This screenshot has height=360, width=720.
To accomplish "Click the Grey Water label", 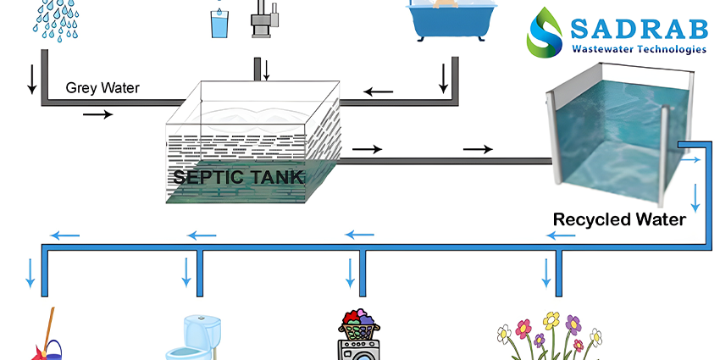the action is [x=102, y=88].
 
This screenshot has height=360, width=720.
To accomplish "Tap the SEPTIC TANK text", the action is [x=238, y=177].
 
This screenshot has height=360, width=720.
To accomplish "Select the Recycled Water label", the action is [x=619, y=219].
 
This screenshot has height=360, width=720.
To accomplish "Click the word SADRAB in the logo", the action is [x=639, y=29].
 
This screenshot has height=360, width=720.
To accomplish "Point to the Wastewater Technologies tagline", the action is [x=639, y=49].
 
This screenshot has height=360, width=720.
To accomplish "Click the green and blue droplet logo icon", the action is [x=545, y=31].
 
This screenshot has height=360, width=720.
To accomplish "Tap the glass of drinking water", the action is [x=219, y=23].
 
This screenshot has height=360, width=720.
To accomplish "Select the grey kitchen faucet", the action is [x=264, y=19].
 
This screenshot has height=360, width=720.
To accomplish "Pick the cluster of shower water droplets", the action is [x=56, y=19].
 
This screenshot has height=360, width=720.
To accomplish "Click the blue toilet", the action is [x=193, y=337].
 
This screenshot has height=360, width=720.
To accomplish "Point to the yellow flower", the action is [x=551, y=320].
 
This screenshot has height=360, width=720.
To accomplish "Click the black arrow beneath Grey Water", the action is [x=97, y=114].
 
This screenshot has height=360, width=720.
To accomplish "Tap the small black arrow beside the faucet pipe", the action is [x=266, y=69].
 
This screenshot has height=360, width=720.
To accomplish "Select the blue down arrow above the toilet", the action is [x=186, y=272].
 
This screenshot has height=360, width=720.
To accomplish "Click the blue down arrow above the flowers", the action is [x=546, y=273].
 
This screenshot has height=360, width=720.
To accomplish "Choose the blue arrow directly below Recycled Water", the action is [x=561, y=236].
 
